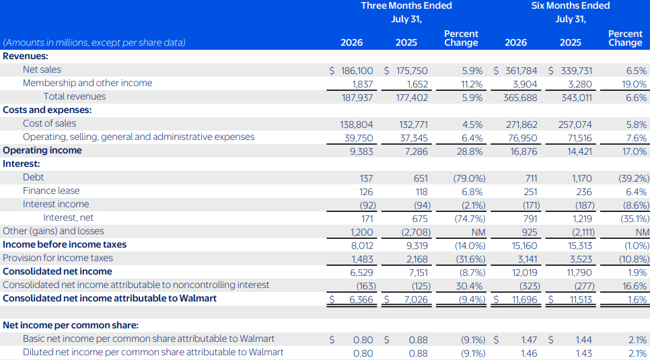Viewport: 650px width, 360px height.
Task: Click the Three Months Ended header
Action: point(406,6)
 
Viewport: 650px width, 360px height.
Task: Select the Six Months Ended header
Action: point(571,6)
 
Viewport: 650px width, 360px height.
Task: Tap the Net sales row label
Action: point(42,70)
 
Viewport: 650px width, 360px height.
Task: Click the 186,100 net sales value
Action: point(357,71)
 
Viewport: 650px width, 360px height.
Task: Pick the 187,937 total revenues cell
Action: point(357,98)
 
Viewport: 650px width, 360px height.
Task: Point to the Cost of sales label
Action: point(50,124)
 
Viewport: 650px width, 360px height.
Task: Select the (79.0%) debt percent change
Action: point(468,179)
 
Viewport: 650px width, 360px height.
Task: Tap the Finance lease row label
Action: point(51,191)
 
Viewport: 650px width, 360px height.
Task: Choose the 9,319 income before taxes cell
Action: point(417,246)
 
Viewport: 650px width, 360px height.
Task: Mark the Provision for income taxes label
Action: point(58,258)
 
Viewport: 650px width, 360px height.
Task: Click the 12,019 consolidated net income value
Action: point(524,273)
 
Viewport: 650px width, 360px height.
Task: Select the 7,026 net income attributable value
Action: point(416,300)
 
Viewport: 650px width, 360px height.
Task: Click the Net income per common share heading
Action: point(71,326)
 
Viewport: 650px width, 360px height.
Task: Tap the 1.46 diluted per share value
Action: point(530,354)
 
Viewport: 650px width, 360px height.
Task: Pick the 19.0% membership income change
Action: point(635,85)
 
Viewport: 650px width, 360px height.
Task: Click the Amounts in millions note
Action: point(94,42)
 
